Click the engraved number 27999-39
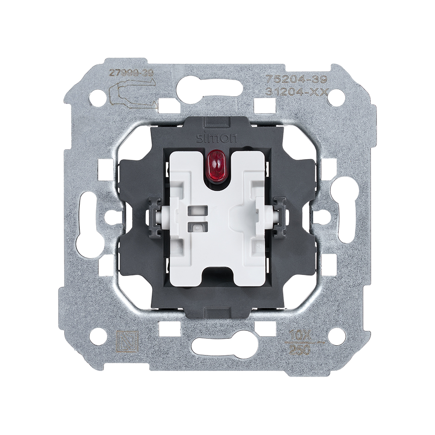tap(124, 73)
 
